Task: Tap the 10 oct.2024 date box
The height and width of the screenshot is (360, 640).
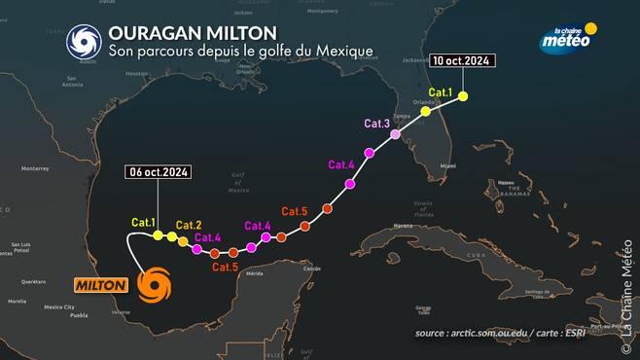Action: pos(462,61)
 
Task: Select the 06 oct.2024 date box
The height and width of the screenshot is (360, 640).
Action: pos(158,173)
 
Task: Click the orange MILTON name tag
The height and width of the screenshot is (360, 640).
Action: pos(101,285)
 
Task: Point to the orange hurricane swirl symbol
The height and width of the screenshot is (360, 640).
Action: pos(154,285)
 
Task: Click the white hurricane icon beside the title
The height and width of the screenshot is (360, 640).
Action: pos(83,41)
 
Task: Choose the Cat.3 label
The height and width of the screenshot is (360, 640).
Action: pos(377,124)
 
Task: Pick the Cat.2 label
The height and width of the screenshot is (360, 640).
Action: pos(189,226)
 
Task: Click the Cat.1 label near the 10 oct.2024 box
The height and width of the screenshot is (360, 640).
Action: pos(442,92)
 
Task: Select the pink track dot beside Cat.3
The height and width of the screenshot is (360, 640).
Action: pos(395,133)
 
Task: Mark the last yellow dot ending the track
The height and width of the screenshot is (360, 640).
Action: pos(463,95)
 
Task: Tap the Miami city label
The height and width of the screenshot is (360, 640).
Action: pos(446,166)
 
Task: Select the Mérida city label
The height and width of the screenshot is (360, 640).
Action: pos(255,273)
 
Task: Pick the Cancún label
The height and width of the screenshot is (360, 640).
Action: pos(311,268)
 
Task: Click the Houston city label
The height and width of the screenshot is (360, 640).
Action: pos(136,73)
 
